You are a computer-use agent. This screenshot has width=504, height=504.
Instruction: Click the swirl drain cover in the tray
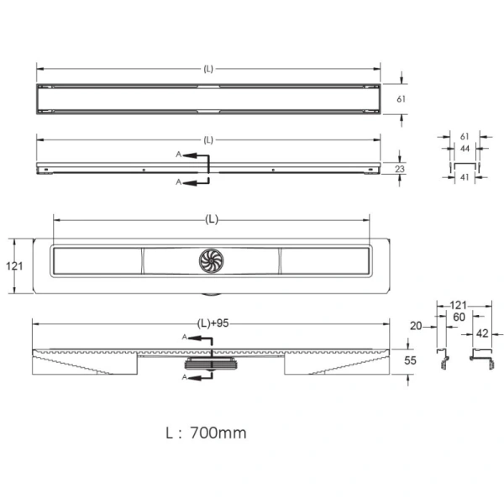click(x=211, y=260)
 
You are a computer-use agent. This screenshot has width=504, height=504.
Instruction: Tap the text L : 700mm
click(x=206, y=433)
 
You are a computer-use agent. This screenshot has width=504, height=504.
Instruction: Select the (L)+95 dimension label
click(x=213, y=323)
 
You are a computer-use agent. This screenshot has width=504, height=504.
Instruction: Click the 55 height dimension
click(x=410, y=360)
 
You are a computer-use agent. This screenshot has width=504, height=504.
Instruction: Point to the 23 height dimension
click(x=400, y=169)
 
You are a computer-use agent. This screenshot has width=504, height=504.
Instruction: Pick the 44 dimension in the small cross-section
click(x=465, y=149)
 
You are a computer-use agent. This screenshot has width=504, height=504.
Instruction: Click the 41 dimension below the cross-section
click(x=465, y=177)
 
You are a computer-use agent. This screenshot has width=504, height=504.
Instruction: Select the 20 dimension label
click(x=416, y=326)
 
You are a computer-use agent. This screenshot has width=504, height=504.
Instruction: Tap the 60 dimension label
click(x=459, y=318)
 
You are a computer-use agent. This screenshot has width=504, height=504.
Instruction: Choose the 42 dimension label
click(x=482, y=333)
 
